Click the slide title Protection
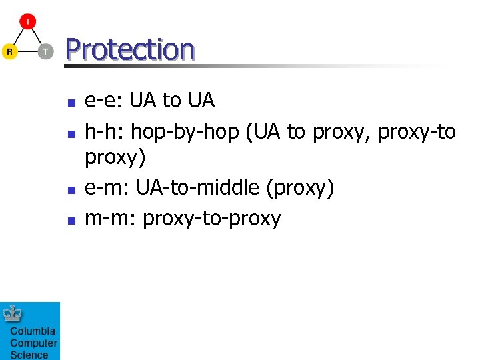pyautogui.click(x=130, y=49)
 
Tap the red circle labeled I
pyautogui.click(x=27, y=21)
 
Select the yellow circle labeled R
pyautogui.click(x=9, y=51)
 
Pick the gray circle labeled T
pyautogui.click(x=45, y=51)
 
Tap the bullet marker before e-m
pyautogui.click(x=71, y=190)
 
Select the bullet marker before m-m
pyautogui.click(x=71, y=220)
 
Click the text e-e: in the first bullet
pyautogui.click(x=104, y=101)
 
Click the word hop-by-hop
pyautogui.click(x=185, y=133)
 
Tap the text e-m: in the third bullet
pyautogui.click(x=107, y=189)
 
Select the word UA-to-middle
pyautogui.click(x=197, y=189)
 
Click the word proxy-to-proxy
pyautogui.click(x=212, y=219)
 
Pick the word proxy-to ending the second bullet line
pyautogui.click(x=417, y=133)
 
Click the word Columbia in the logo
pyautogui.click(x=32, y=332)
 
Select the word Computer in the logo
pyautogui.click(x=33, y=343)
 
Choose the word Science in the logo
pyautogui.click(x=29, y=355)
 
